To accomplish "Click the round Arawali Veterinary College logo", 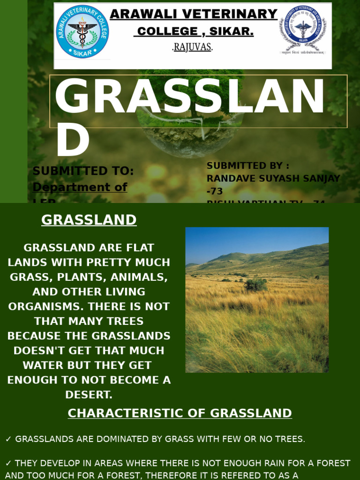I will [82, 32].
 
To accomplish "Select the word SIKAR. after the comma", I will [232, 31].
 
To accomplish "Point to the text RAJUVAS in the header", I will [192, 47].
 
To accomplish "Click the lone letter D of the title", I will [72, 143].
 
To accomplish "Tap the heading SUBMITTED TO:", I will [83, 171].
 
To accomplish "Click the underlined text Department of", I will [80, 187].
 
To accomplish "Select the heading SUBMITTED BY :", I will [248, 165].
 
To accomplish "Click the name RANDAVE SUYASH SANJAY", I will [273, 179].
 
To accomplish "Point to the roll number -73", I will [215, 191].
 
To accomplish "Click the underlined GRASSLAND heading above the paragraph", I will [89, 220].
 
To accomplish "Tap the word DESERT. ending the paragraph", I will [89, 395].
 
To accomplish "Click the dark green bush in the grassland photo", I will [255, 284].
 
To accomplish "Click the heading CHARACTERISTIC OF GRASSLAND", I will [180, 413].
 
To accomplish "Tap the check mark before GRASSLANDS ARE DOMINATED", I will [8, 439].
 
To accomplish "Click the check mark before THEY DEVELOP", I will [8, 463].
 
